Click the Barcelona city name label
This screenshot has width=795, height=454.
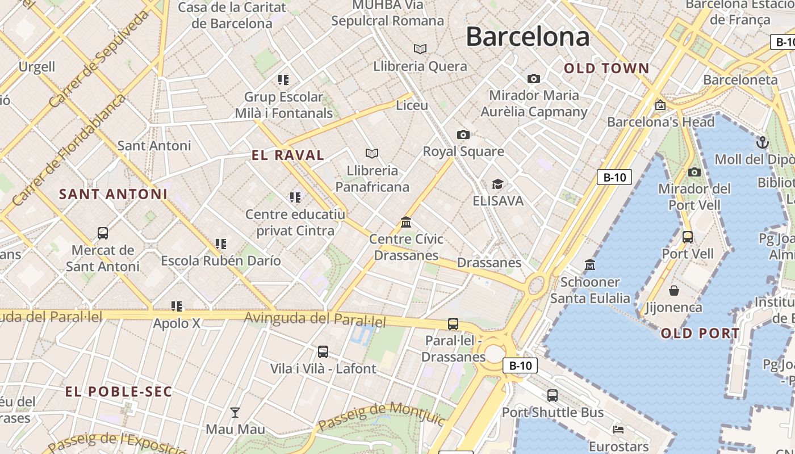(528, 37)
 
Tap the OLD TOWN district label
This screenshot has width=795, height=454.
(606, 69)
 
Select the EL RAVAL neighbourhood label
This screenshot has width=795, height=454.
(288, 155)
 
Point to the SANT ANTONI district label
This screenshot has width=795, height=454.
(114, 194)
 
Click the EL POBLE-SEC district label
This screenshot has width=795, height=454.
(118, 392)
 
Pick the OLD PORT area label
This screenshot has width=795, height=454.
(700, 333)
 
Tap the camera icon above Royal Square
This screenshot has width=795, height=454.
(463, 134)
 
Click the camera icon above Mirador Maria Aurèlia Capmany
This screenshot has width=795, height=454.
(534, 78)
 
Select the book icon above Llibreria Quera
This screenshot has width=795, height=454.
(420, 49)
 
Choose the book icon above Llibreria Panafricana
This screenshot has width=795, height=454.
(372, 153)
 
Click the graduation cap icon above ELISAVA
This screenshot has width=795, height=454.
(498, 184)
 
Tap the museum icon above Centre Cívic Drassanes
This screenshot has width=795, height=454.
(406, 222)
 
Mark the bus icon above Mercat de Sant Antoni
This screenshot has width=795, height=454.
(103, 233)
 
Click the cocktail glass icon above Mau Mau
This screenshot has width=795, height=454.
(235, 412)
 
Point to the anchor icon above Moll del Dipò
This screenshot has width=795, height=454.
(763, 142)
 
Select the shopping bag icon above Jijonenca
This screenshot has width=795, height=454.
(674, 291)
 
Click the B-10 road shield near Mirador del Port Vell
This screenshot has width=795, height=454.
(614, 177)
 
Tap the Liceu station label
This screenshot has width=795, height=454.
(412, 105)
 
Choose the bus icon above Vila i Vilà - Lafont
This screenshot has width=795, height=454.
(323, 351)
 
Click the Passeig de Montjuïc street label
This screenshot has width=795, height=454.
(381, 417)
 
